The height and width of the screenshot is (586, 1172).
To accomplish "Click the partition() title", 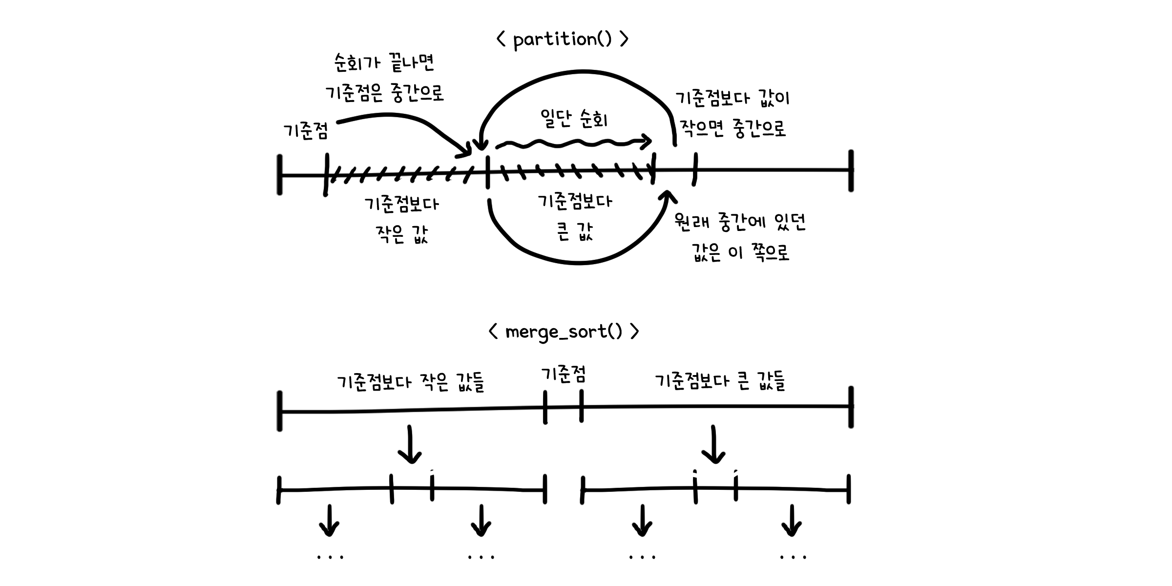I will tap(562, 40).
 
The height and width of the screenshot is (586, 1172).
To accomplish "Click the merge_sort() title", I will tap(564, 332).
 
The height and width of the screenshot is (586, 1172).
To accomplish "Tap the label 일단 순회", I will tap(574, 118).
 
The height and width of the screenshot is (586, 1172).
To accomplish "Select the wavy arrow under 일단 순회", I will tap(573, 143).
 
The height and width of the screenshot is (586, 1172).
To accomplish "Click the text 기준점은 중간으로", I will tap(385, 92).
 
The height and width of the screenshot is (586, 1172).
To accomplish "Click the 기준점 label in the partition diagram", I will tap(306, 131).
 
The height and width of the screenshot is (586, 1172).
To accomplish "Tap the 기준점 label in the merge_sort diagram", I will tap(563, 375).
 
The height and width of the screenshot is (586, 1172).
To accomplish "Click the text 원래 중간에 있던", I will tap(739, 222).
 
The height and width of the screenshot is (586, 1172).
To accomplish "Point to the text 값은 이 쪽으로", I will tap(740, 253).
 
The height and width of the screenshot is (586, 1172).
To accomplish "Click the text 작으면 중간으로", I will tap(732, 129).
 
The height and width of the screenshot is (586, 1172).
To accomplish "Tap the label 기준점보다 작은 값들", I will tap(410, 382).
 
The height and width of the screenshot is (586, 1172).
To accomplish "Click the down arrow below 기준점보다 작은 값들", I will tap(410, 444).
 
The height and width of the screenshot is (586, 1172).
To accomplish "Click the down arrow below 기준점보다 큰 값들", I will tap(714, 444).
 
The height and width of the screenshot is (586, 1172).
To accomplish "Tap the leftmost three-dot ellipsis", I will tap(330, 557).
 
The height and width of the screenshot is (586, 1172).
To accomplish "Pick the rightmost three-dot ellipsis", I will tap(793, 557).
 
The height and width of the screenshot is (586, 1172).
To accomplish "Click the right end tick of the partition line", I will tap(851, 170).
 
